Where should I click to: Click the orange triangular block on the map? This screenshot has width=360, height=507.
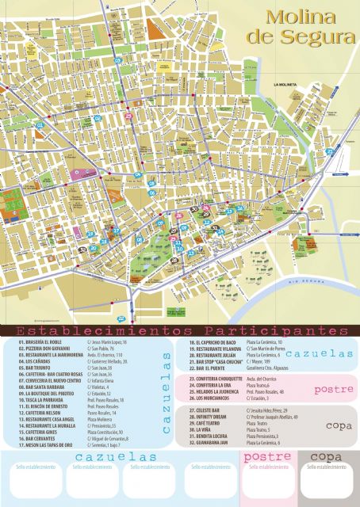click(155, 29)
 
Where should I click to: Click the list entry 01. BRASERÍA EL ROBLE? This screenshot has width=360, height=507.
click(40, 341)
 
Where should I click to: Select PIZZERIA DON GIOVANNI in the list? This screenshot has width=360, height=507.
click(44, 348)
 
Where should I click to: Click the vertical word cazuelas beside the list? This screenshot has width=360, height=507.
click(167, 392)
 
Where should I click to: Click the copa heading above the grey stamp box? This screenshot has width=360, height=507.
click(326, 457)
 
